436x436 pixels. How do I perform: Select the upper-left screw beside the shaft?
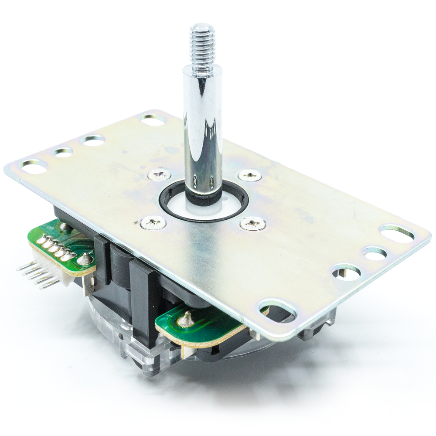pyautogui.click(x=159, y=175)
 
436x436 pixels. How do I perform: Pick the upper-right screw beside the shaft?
pyautogui.click(x=250, y=175)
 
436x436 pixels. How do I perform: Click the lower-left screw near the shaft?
pyautogui.click(x=153, y=223)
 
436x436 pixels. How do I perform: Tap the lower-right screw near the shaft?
pyautogui.click(x=253, y=224)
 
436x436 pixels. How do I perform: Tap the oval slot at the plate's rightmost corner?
pyautogui.click(x=397, y=234)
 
